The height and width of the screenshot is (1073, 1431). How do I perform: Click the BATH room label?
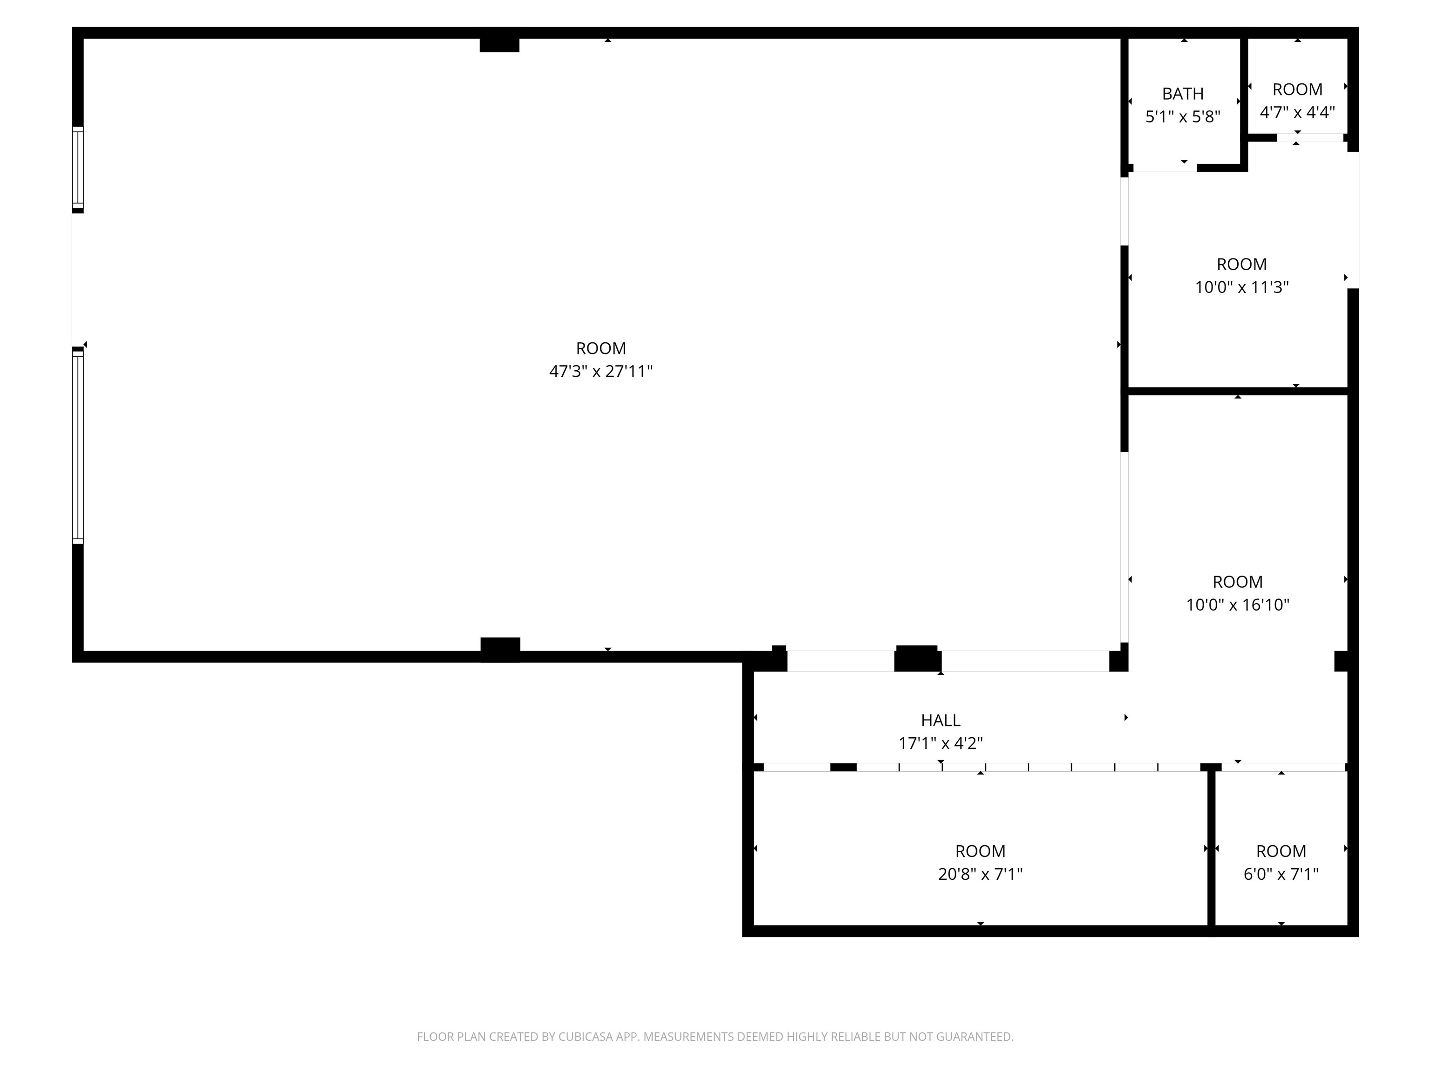coord(1183,94)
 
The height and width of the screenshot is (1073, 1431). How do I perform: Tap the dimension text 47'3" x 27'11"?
coord(601,371)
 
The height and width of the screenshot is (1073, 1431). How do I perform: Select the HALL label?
coord(940,720)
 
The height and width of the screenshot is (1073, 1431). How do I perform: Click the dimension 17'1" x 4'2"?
coord(940,743)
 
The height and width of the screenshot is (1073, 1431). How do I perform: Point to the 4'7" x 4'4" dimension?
coord(1297,112)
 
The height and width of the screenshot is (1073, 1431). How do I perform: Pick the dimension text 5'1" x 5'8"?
coord(1183,116)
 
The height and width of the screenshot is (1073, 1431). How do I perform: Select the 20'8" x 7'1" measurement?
coord(980,874)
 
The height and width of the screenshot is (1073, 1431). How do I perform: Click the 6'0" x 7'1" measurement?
coord(1281,874)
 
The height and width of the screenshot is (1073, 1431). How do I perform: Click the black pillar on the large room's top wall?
coord(499,40)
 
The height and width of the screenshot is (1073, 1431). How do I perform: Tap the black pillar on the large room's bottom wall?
coord(500,649)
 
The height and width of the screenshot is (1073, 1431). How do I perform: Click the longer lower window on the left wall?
coord(78,446)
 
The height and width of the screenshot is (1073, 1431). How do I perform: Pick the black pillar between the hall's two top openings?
coord(917,659)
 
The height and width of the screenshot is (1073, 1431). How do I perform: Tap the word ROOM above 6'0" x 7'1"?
coord(1281,851)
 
